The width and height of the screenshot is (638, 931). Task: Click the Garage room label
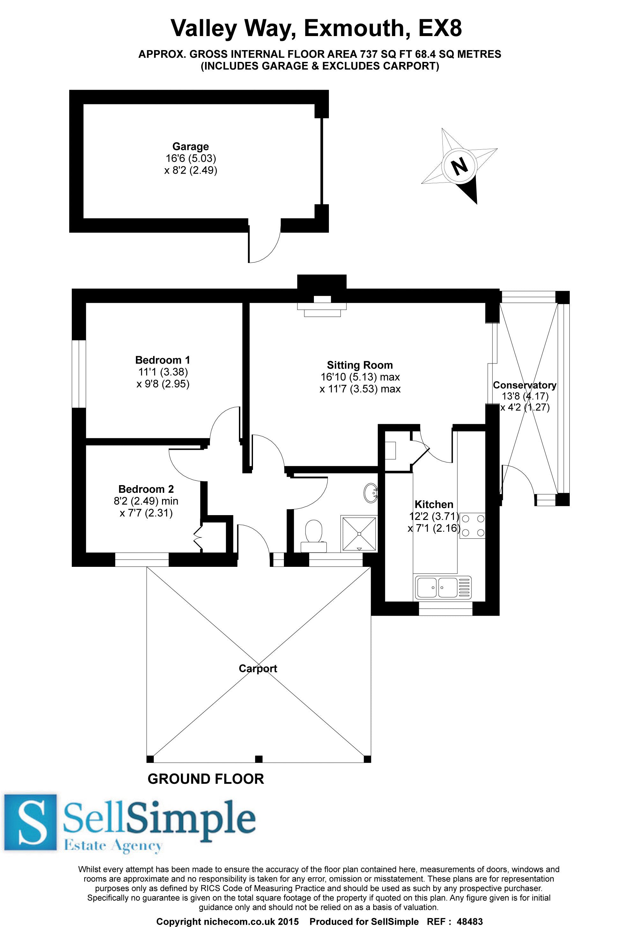pyautogui.click(x=191, y=146)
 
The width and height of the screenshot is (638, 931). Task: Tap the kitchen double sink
pyautogui.click(x=443, y=587)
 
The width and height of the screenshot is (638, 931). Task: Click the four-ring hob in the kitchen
pyautogui.click(x=472, y=526)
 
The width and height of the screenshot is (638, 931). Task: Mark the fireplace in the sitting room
pyautogui.click(x=322, y=306)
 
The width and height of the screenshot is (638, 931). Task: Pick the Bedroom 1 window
pyautogui.click(x=79, y=374)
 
